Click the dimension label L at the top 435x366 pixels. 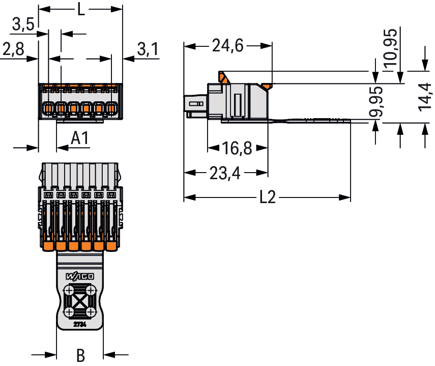(81, 9)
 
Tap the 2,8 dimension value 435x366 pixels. (13, 49)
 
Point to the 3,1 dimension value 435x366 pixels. (148, 49)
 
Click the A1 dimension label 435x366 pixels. (80, 138)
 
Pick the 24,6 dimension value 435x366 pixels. (228, 46)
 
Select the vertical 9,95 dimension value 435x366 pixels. (376, 102)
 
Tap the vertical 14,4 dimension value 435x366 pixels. (425, 97)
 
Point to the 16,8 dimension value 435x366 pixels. (238, 149)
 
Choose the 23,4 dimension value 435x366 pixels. (225, 174)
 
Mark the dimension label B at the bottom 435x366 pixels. (80, 355)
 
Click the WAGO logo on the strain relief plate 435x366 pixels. (80, 276)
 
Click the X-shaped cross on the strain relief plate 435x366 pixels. (80, 301)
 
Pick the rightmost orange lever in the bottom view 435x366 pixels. (110, 246)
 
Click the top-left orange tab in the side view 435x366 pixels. (223, 77)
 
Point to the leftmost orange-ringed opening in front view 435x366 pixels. (48, 108)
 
